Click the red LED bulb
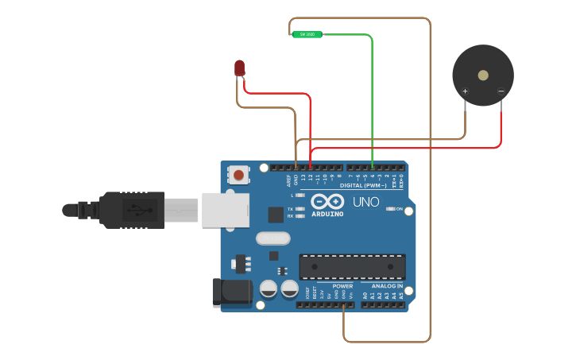(x=240, y=68)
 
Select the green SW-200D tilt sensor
(x=307, y=34)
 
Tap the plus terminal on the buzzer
(x=465, y=91)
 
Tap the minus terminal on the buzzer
(x=501, y=91)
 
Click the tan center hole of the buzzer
(x=483, y=75)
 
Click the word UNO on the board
(x=365, y=202)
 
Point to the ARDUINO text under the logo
(x=327, y=214)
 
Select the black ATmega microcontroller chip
(x=352, y=266)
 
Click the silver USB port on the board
(x=225, y=210)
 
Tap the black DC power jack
(x=231, y=292)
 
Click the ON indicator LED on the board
(x=390, y=209)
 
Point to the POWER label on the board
(x=342, y=286)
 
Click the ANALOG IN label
(x=386, y=286)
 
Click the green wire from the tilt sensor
(x=371, y=95)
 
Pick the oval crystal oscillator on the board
(x=273, y=238)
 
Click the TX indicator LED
(x=299, y=208)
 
